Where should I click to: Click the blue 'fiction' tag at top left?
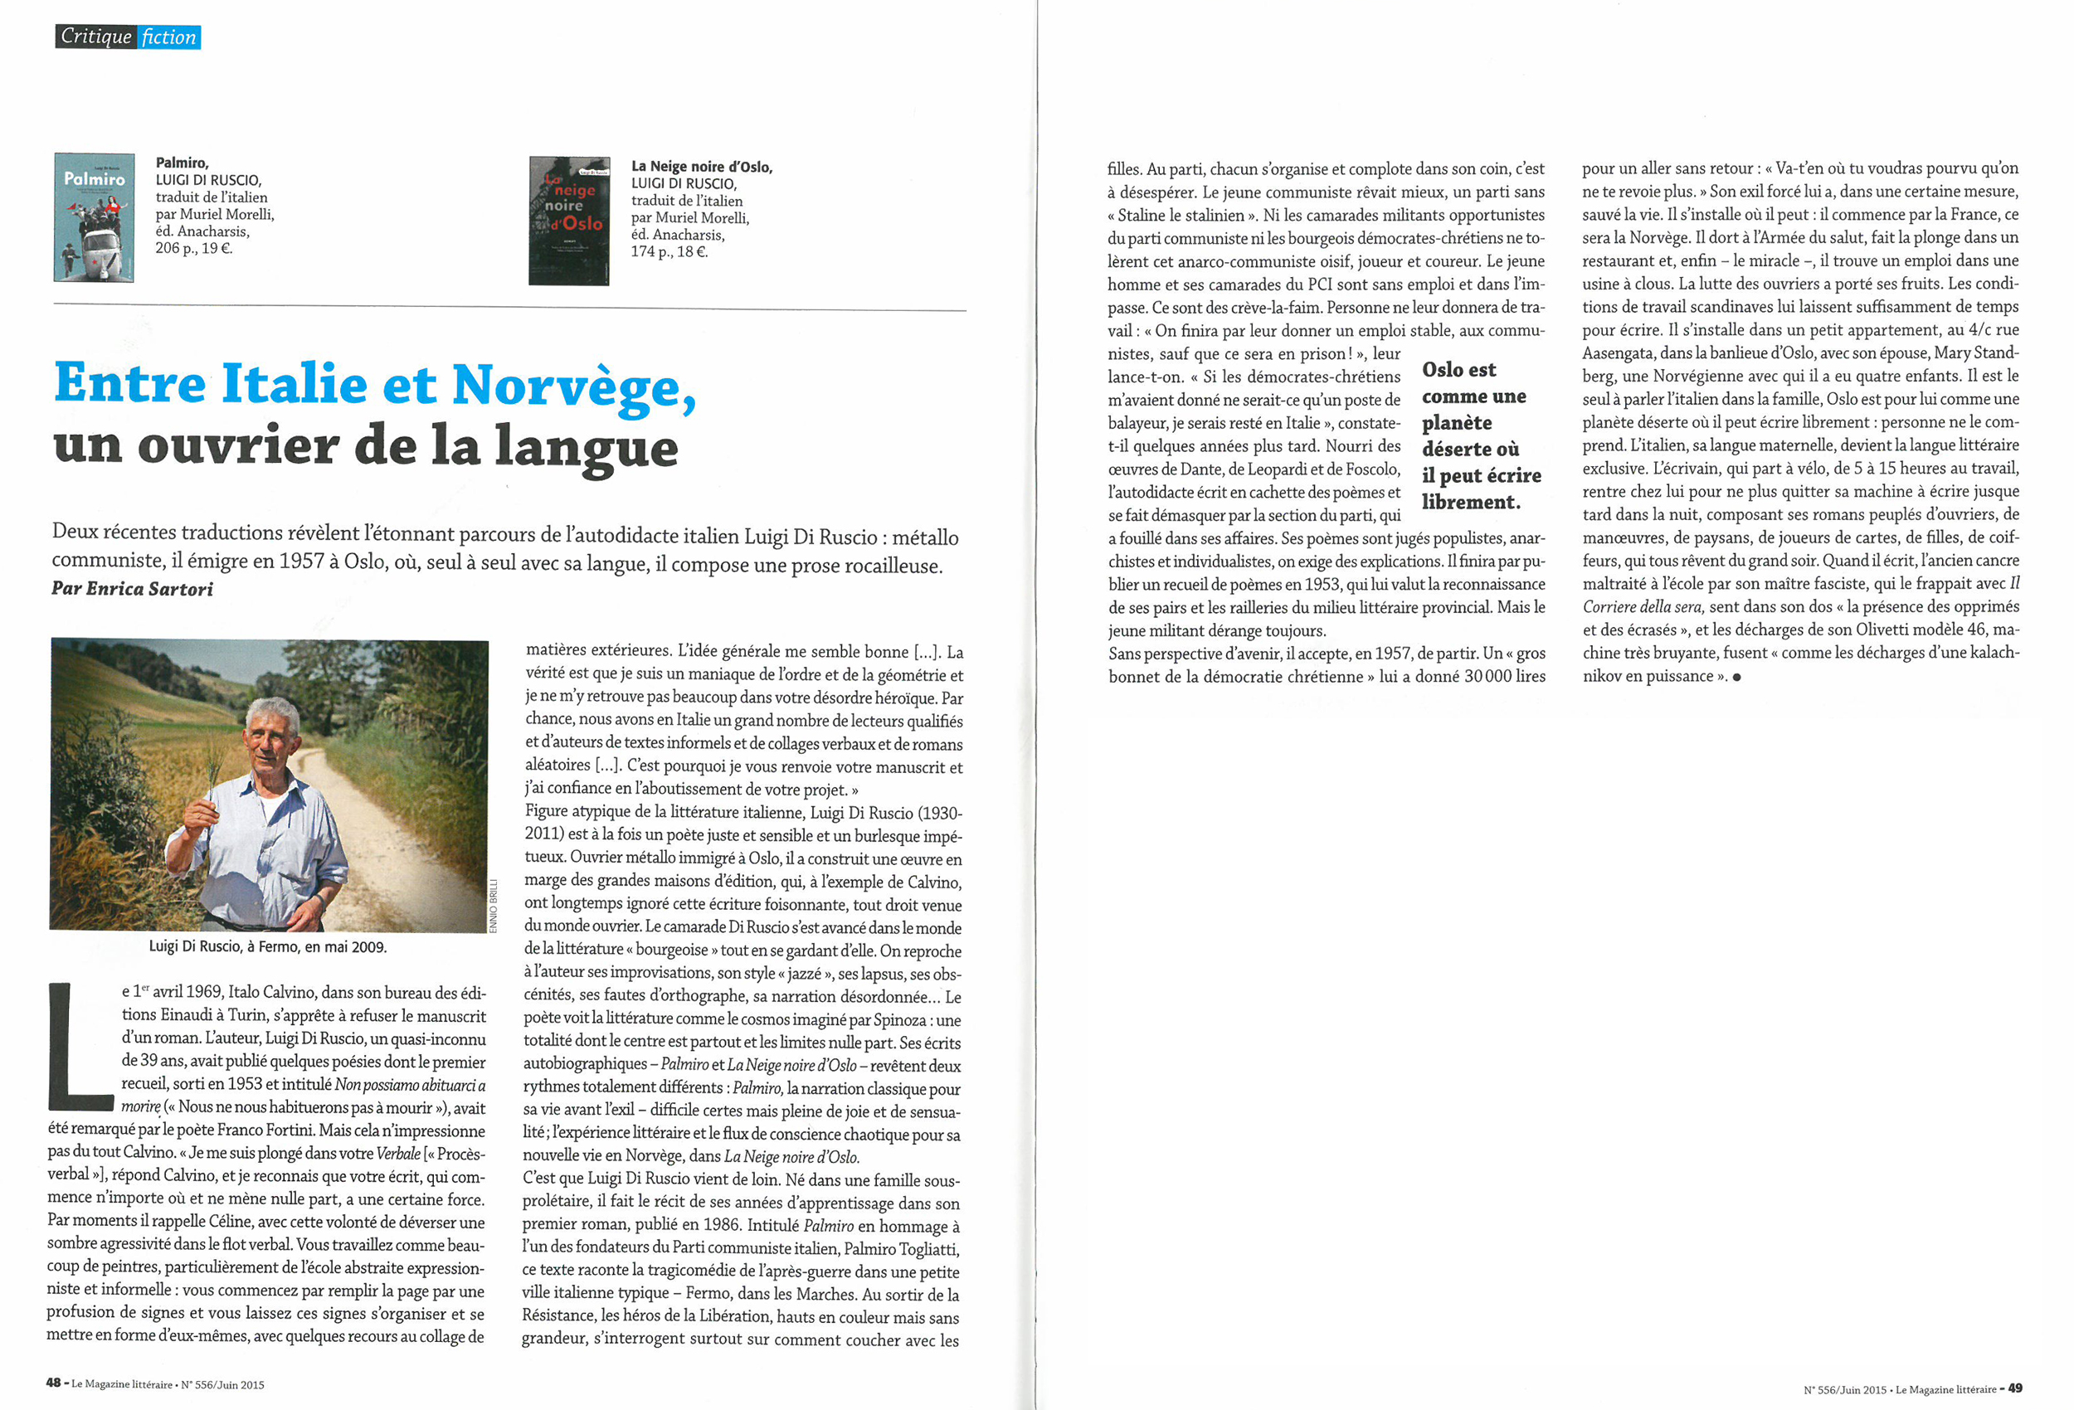tap(168, 37)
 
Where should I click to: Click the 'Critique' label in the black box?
tap(95, 37)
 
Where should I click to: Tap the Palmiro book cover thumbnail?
tap(94, 216)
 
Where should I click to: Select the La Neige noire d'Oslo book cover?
tap(569, 221)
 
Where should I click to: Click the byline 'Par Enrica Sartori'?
tap(132, 589)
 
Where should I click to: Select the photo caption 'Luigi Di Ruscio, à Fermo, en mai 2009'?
tap(268, 947)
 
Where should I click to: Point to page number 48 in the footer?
tap(54, 1383)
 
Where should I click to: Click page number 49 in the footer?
tap(2015, 1388)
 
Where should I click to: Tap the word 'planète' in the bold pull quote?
tap(1457, 423)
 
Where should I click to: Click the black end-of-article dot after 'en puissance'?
tap(1736, 678)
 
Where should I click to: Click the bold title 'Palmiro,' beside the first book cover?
tap(182, 163)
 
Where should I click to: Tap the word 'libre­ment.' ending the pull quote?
tap(1471, 503)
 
